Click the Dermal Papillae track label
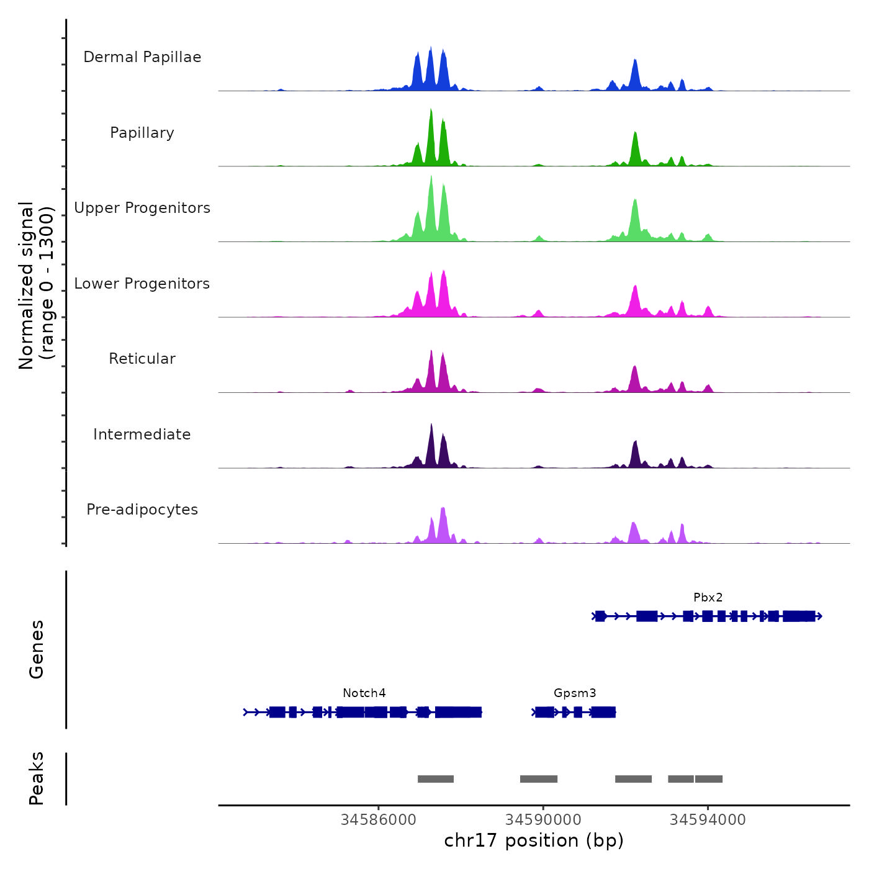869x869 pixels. (x=142, y=57)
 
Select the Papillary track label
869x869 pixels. (x=142, y=133)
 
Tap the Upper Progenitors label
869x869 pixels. (x=142, y=208)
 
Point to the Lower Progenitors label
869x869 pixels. (x=142, y=284)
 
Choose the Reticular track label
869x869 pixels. (x=142, y=359)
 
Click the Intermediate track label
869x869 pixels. (x=142, y=434)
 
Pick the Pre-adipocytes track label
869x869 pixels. (x=142, y=510)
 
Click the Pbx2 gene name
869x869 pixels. (x=708, y=598)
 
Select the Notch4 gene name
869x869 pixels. (x=364, y=693)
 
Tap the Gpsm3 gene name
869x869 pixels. (x=575, y=693)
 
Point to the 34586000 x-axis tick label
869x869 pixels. (x=379, y=820)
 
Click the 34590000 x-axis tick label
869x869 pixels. (x=543, y=820)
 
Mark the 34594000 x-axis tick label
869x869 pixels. (x=708, y=820)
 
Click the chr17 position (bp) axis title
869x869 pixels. (x=534, y=840)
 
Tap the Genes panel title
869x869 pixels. (x=37, y=649)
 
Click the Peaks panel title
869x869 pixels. (x=37, y=778)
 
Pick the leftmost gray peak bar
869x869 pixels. (x=436, y=779)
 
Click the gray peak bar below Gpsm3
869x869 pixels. (x=539, y=779)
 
